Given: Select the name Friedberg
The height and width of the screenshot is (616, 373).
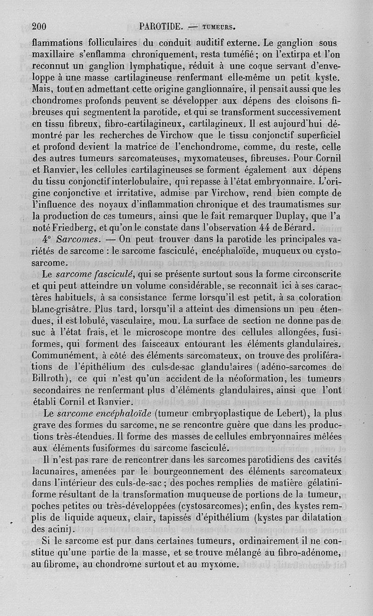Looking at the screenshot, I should [77, 228].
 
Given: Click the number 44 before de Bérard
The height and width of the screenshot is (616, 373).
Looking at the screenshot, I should [265, 228].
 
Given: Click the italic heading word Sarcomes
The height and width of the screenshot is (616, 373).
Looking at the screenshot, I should [76, 240].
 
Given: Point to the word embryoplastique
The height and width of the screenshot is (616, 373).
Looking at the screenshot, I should [222, 413].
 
